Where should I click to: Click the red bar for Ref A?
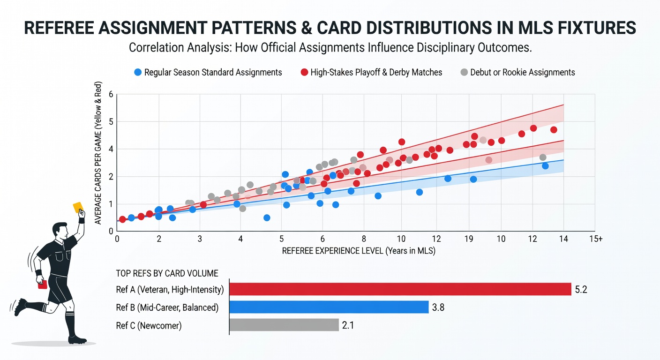[x=400, y=289]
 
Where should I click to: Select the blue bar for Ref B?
[x=329, y=307]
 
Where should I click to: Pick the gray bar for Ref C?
[x=284, y=325]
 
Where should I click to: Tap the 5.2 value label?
[x=581, y=290]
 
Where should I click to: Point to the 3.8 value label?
[x=438, y=307]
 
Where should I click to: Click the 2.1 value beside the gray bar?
[x=348, y=325]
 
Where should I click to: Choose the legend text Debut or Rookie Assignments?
[x=522, y=73]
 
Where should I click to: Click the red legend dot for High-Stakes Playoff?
[x=304, y=72]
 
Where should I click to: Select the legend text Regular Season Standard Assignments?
[x=213, y=73]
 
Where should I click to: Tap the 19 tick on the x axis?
[x=469, y=239]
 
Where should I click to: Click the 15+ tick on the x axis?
[x=596, y=239]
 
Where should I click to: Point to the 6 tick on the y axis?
[x=111, y=94]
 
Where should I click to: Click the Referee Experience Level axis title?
[x=359, y=251]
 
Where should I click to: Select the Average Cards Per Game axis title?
[x=98, y=153]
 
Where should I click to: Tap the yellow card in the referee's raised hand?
[x=78, y=207]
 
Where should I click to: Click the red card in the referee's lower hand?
[x=43, y=285]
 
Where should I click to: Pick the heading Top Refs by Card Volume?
[x=167, y=273]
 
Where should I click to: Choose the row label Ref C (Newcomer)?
[x=149, y=325]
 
